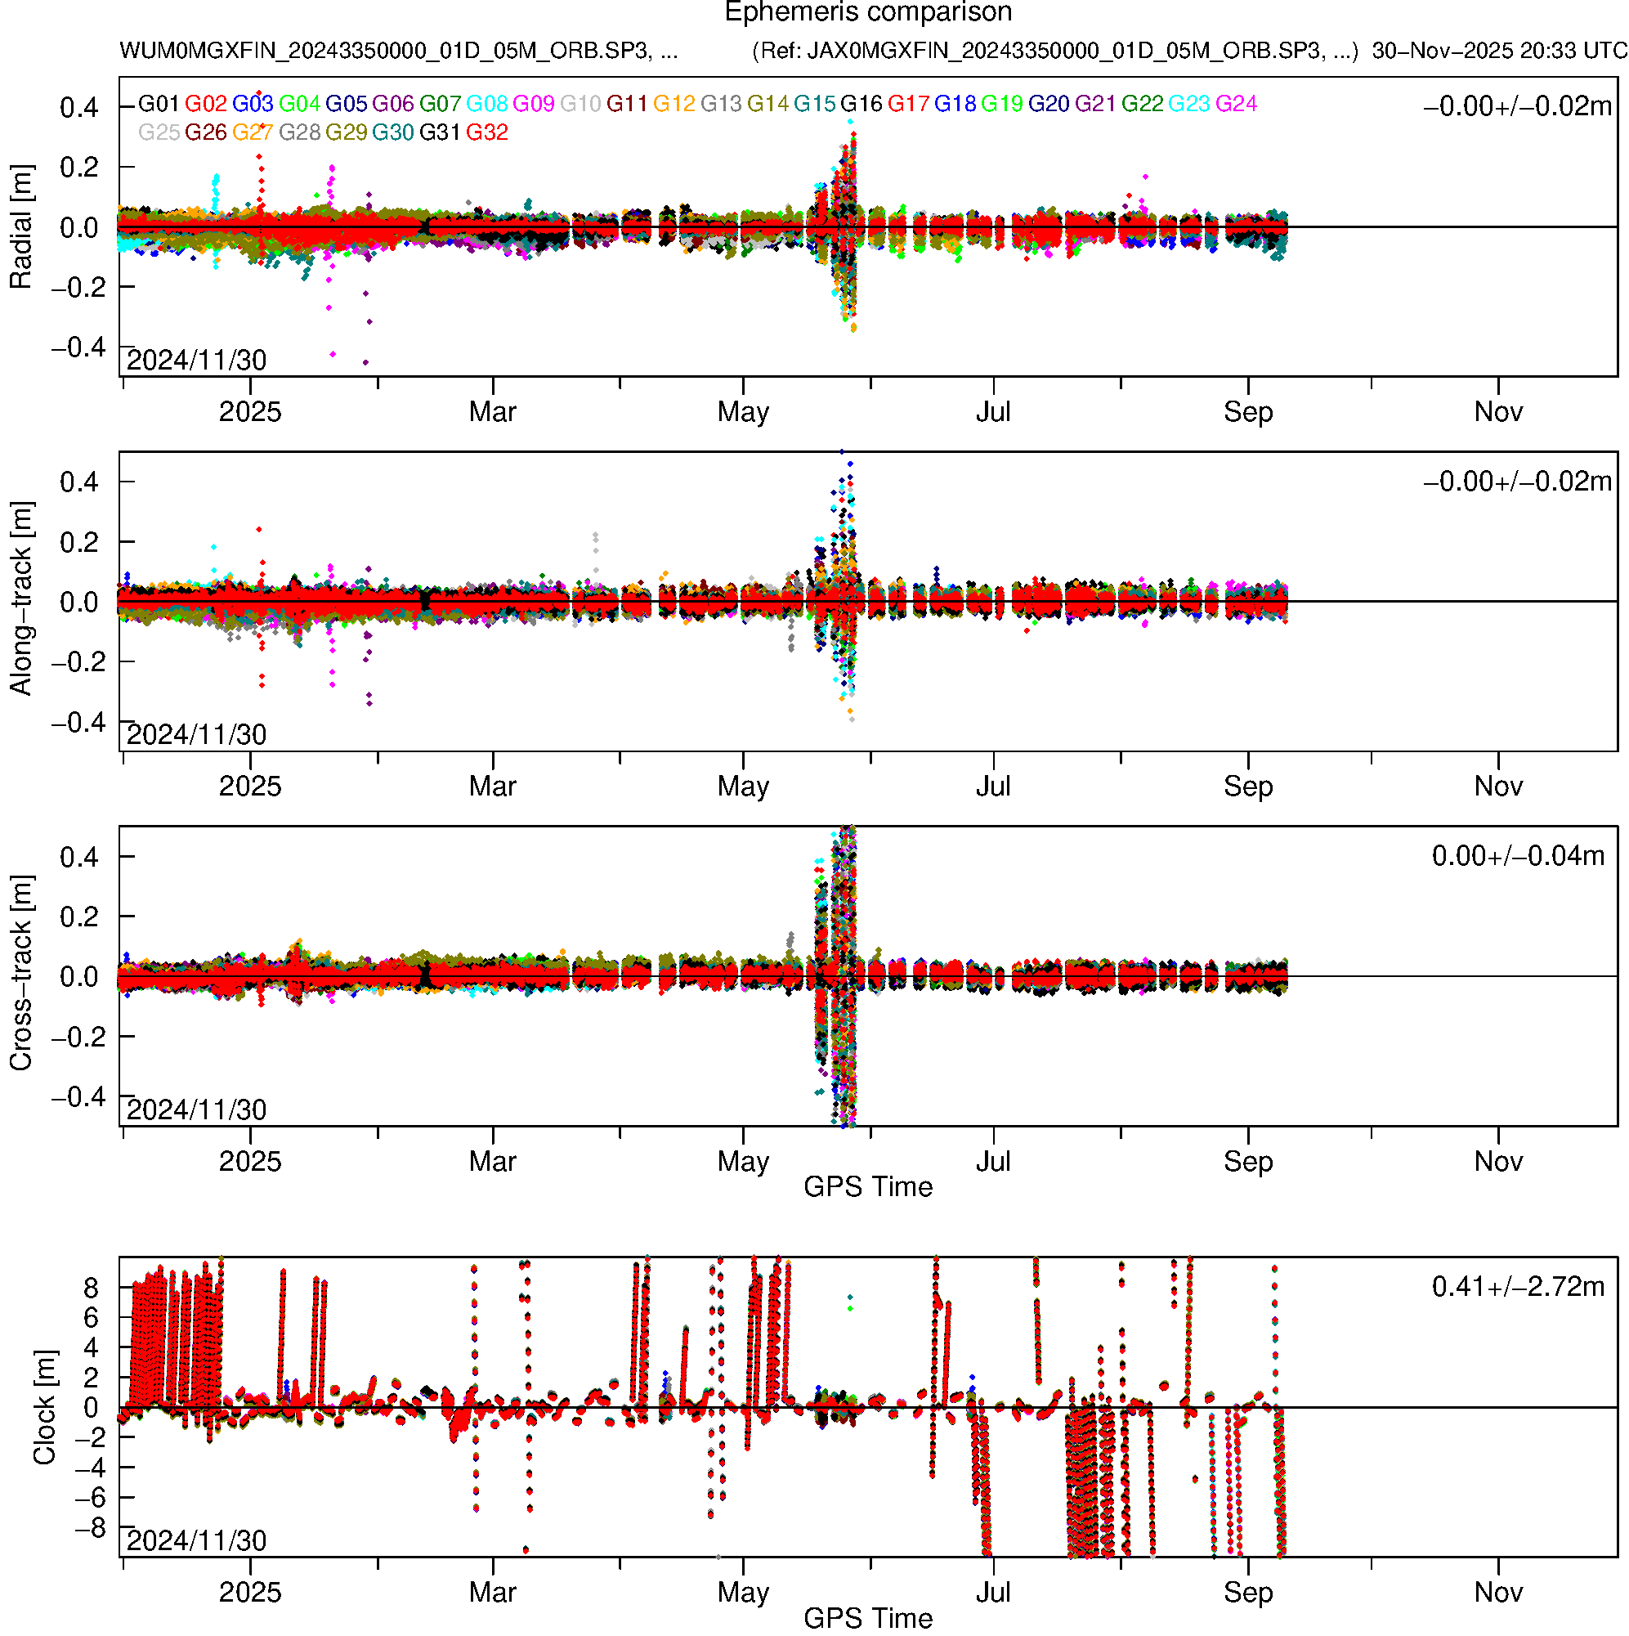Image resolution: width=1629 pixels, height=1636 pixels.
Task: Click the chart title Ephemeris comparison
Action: click(868, 13)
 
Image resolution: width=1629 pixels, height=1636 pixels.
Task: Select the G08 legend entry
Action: click(487, 104)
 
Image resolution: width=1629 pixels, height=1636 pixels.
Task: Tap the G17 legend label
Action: click(908, 104)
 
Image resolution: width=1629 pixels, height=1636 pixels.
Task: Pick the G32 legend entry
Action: click(487, 133)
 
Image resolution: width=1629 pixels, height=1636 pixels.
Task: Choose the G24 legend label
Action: click(1236, 104)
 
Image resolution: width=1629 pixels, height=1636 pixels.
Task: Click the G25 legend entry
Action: click(159, 133)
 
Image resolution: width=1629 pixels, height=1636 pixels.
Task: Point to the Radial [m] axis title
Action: click(21, 227)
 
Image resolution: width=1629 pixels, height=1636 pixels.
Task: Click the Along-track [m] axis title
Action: click(21, 598)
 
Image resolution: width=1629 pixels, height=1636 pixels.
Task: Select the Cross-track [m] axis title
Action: click(21, 974)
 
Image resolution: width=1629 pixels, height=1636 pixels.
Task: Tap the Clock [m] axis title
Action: click(44, 1407)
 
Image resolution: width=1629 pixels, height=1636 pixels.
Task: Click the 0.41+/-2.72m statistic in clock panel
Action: click(1518, 1287)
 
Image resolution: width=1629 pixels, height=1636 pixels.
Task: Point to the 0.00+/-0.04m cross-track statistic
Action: click(1518, 856)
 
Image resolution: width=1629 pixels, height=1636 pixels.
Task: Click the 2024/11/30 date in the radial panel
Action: click(196, 361)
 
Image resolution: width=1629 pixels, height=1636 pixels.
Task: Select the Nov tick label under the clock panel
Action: click(1497, 1593)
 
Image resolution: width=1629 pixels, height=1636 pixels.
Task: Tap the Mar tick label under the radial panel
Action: click(493, 412)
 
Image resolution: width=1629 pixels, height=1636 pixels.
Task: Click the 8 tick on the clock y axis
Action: click(91, 1289)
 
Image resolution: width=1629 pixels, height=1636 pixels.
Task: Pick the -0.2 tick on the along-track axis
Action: click(78, 662)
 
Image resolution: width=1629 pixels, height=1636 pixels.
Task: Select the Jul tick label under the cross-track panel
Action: click(993, 1162)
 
